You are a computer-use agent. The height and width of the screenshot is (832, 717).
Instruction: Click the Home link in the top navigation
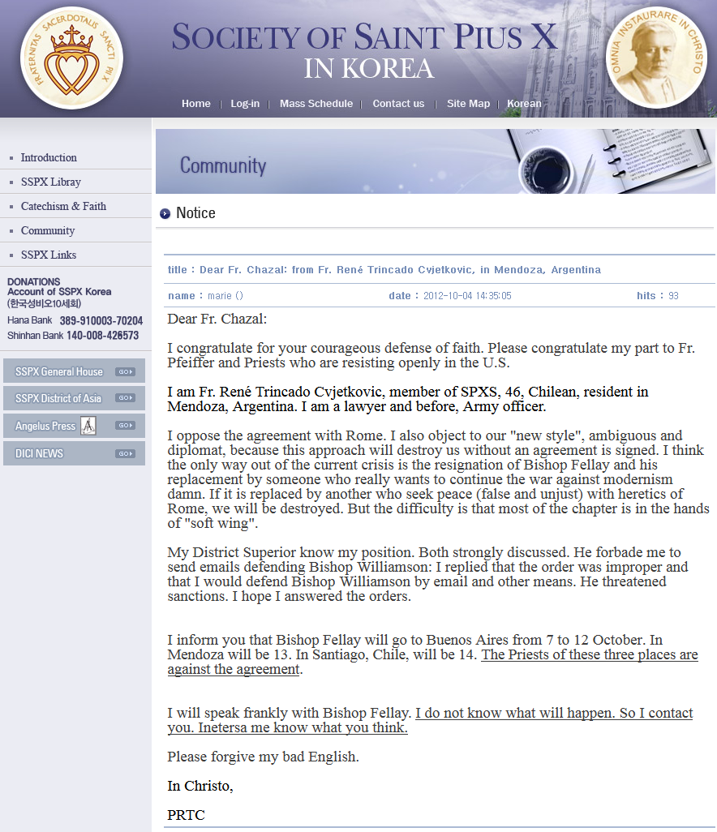point(196,104)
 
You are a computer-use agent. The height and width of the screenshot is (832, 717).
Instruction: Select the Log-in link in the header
point(245,104)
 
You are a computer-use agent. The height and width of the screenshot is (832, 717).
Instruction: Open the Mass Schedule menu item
point(316,104)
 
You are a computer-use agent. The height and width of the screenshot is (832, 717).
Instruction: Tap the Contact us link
point(398,104)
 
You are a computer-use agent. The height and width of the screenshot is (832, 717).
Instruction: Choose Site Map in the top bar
point(468,104)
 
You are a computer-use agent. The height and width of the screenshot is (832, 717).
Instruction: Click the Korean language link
point(524,104)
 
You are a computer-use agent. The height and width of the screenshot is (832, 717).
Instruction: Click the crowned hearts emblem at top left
point(71,58)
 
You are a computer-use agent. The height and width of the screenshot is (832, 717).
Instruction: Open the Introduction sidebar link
point(49,158)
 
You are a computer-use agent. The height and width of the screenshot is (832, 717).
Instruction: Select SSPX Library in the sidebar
point(51,182)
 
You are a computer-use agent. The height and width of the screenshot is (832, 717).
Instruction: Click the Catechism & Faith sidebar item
point(63,207)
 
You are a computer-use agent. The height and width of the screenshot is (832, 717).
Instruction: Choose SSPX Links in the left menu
point(49,255)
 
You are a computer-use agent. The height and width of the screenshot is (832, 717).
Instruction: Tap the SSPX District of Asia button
point(74,398)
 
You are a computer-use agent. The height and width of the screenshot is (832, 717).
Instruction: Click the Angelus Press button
point(74,426)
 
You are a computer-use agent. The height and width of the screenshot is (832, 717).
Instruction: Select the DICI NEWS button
point(74,453)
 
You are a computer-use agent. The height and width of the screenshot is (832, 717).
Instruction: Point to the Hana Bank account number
point(101,321)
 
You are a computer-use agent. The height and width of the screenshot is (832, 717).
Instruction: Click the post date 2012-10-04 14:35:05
point(467,296)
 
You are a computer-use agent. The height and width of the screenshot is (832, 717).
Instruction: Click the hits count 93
point(673,296)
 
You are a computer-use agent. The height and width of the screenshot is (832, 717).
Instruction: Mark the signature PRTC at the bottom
point(186,815)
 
